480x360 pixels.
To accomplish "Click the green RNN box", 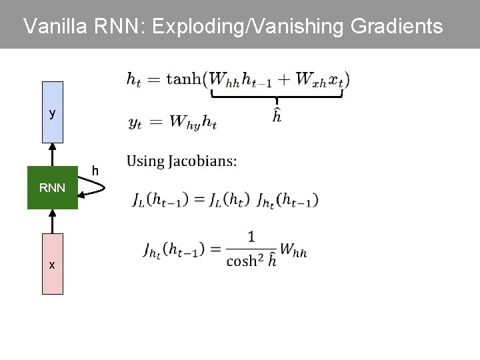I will (x=52, y=187).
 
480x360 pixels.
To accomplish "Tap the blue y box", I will (x=52, y=113).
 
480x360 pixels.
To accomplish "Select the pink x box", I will (x=52, y=264).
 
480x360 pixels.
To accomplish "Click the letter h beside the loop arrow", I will (x=95, y=171).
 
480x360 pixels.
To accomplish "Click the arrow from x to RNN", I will (x=52, y=221).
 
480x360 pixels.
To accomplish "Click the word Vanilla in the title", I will (x=55, y=27).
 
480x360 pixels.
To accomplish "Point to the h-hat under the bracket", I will (x=276, y=116).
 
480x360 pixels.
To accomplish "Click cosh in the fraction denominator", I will (x=242, y=261).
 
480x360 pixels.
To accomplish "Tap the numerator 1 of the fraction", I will (x=251, y=237).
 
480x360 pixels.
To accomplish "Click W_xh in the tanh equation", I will (x=310, y=79).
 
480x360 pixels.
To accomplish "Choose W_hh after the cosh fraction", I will (x=294, y=251).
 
